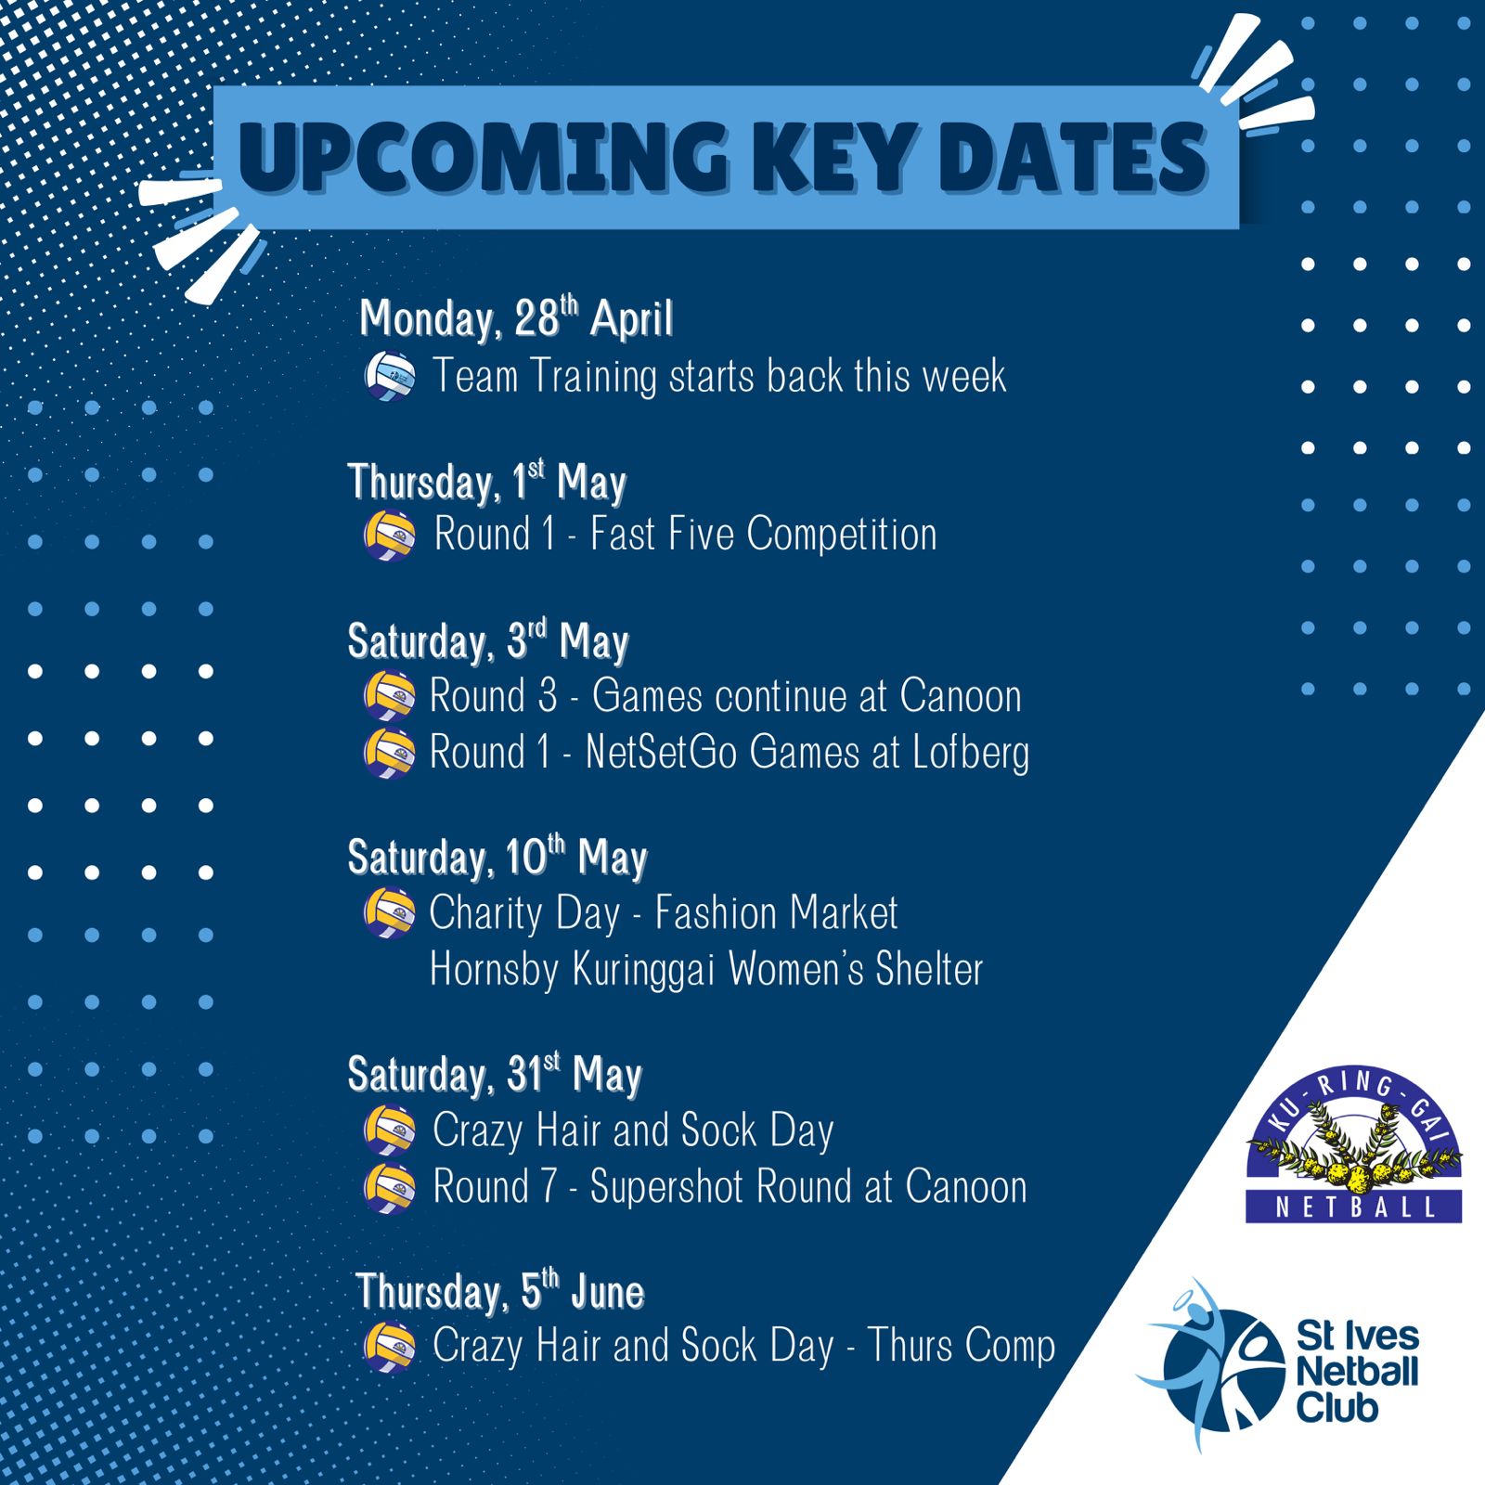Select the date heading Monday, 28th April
point(516,318)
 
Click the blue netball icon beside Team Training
point(390,376)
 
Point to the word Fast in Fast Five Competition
point(624,534)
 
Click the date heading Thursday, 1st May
point(487,481)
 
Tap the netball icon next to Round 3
point(389,696)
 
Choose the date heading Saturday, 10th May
point(497,857)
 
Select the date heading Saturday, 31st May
point(495,1074)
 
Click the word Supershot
point(666,1187)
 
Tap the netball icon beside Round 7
point(390,1187)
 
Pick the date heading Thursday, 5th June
point(500,1291)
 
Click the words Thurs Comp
point(962,1347)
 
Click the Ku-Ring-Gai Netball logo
point(1353,1143)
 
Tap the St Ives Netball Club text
point(1357,1372)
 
